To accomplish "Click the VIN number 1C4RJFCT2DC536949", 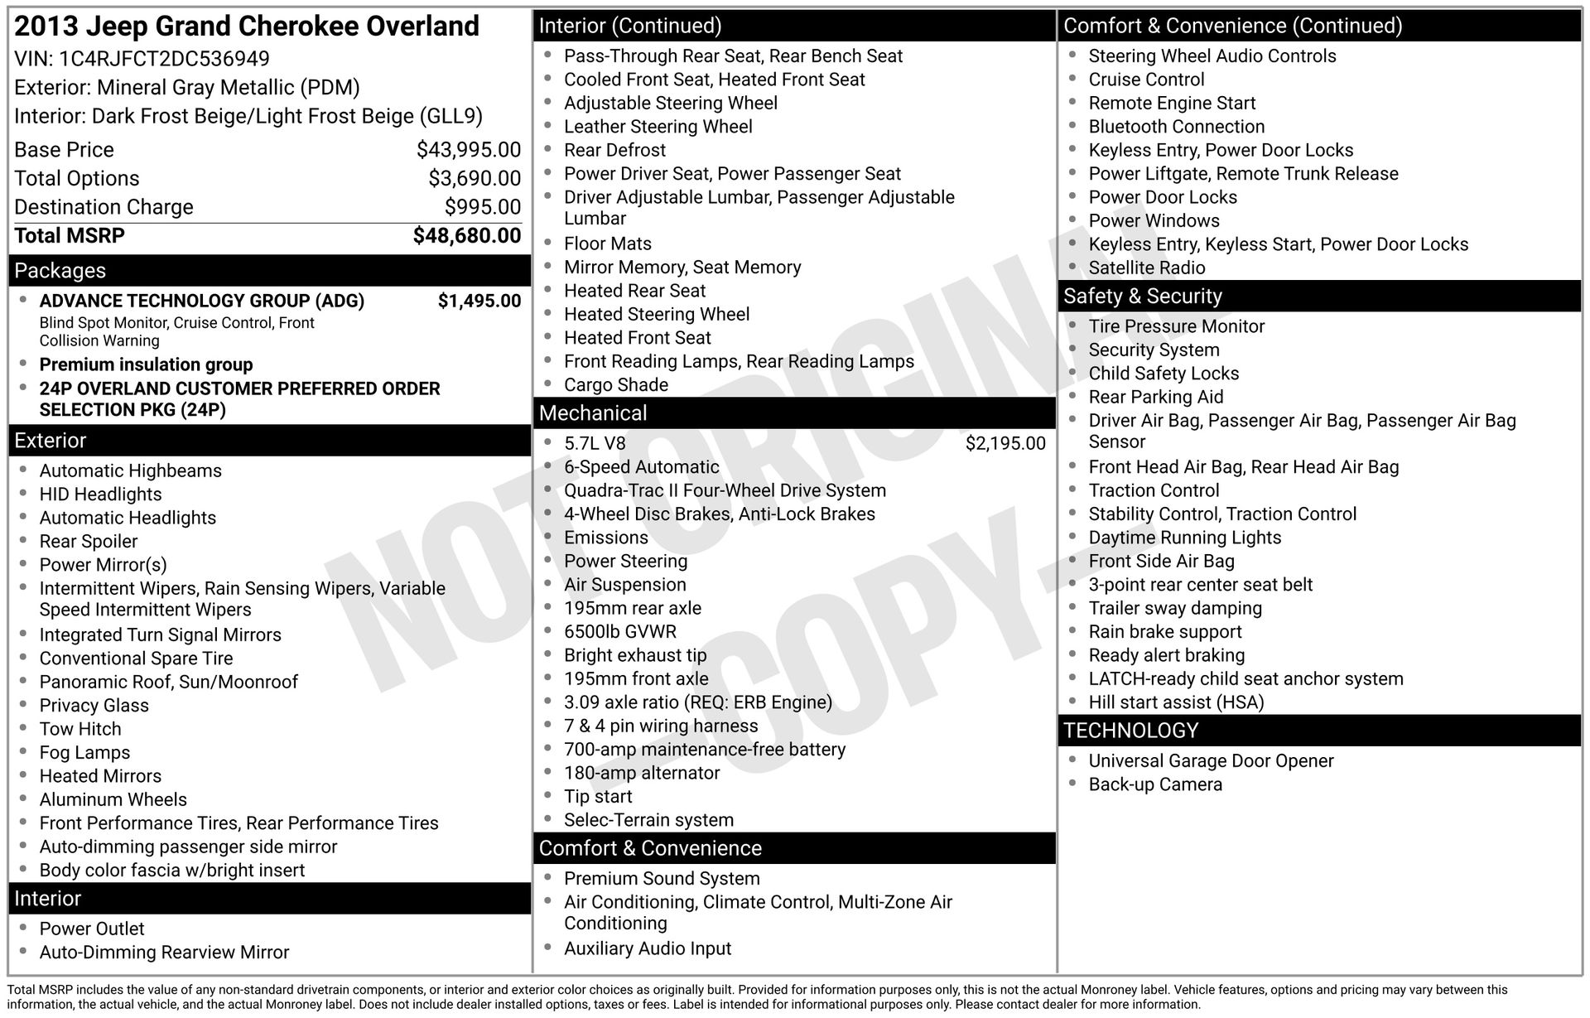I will (x=164, y=59).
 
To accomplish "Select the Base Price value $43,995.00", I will (x=468, y=150).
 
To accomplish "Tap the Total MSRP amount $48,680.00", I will (x=466, y=236).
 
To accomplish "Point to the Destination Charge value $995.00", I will (x=482, y=207).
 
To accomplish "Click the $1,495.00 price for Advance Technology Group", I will (x=479, y=301).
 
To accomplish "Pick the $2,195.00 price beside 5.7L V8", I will (x=1005, y=443).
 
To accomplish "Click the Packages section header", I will (x=60, y=271).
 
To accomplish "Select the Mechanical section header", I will (x=593, y=413).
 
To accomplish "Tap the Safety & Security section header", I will (x=1142, y=297).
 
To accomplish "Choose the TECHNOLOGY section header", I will (x=1130, y=731).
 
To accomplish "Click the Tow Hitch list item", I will (x=80, y=729).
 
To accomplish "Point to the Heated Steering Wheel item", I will (x=656, y=315).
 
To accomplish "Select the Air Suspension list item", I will (x=624, y=585).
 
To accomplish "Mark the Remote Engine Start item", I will (x=1171, y=104).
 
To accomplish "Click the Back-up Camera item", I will (x=1154, y=784).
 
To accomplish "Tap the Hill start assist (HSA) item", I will (x=1175, y=702).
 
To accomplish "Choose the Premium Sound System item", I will (x=661, y=879).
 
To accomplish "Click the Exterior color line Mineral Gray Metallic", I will (x=186, y=88).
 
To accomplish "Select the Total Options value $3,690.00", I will (x=474, y=179).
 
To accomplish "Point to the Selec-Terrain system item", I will (x=648, y=820).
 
